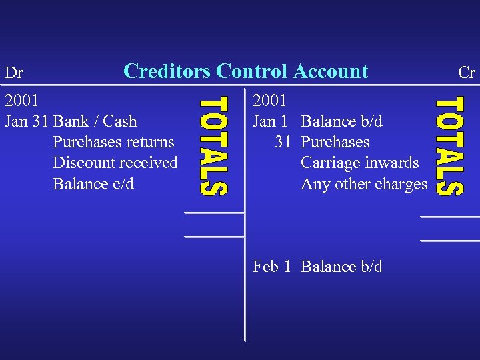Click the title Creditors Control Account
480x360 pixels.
point(246,71)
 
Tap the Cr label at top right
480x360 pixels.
point(466,73)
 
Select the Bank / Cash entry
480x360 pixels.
point(95,121)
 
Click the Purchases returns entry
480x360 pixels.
point(113,142)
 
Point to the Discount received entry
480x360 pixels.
point(115,163)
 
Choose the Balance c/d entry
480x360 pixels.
point(93,183)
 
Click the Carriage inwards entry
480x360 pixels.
point(360,163)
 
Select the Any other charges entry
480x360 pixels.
point(364,183)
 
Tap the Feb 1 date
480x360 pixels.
point(271,267)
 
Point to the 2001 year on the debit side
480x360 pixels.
point(21,101)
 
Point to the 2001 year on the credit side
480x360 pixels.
point(270,101)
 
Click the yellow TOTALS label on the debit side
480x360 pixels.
point(214,146)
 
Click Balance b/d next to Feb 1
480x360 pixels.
point(342,267)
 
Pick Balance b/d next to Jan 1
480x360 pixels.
point(342,121)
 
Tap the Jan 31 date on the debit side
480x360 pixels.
point(27,121)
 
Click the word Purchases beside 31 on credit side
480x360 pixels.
point(335,142)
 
